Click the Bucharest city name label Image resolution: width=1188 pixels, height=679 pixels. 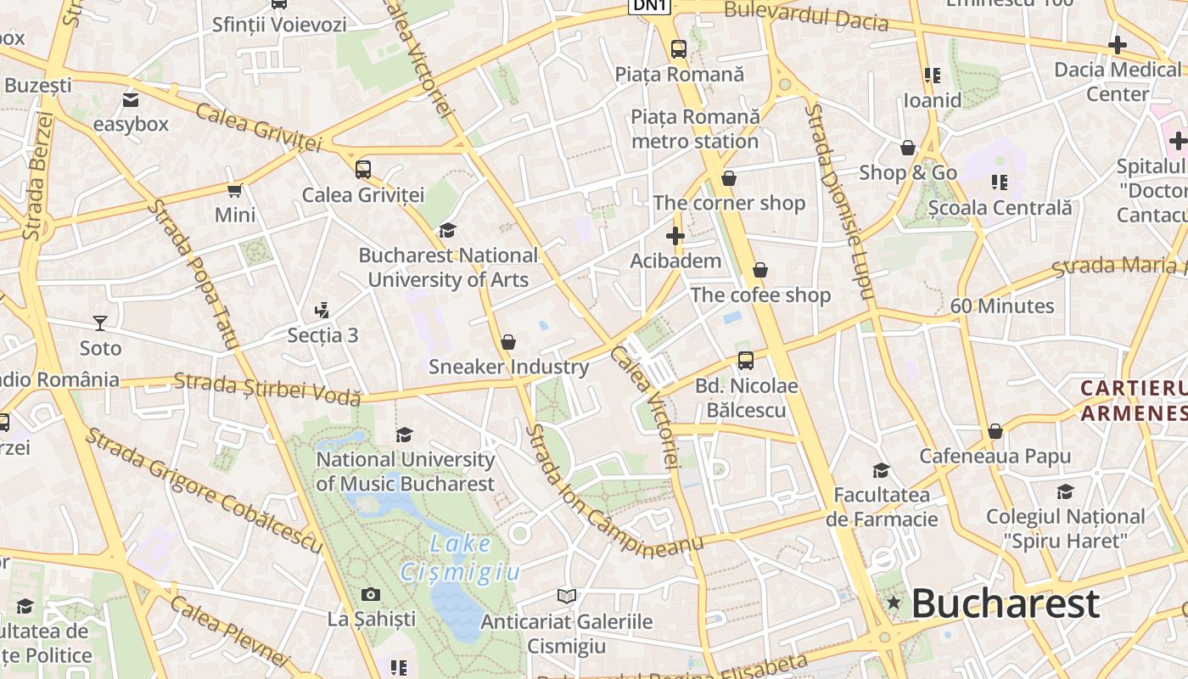[1006, 604]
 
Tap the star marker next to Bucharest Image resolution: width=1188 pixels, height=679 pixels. [894, 603]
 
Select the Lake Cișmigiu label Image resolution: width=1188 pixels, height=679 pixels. [461, 558]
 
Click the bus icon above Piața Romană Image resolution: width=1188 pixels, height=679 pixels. [679, 49]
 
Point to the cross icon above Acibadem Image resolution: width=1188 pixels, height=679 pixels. [675, 236]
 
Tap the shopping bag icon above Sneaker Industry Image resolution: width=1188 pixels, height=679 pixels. [508, 342]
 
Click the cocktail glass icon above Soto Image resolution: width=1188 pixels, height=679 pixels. [100, 323]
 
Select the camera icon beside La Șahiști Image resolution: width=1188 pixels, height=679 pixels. [371, 594]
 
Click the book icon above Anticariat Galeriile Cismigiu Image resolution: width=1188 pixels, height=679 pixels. [567, 596]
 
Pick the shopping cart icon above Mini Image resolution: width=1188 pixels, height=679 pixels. [235, 190]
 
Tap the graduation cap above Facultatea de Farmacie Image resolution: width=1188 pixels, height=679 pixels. [882, 470]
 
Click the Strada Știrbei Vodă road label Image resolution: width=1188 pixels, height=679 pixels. [267, 388]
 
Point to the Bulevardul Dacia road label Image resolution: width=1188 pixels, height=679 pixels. [806, 15]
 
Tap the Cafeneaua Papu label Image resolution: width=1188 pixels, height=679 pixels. [995, 456]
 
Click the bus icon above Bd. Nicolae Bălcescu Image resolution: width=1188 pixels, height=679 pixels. [746, 361]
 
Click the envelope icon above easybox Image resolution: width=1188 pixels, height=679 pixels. [131, 100]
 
